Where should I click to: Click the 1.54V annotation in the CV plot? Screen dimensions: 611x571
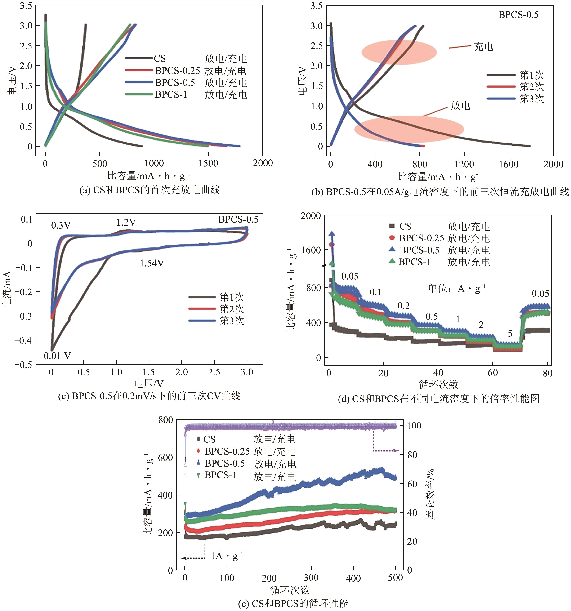click(x=152, y=263)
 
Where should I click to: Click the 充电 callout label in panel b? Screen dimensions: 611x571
click(x=483, y=47)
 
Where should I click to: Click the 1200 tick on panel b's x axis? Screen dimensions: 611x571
click(x=464, y=164)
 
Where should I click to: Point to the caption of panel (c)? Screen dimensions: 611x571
click(x=149, y=396)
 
